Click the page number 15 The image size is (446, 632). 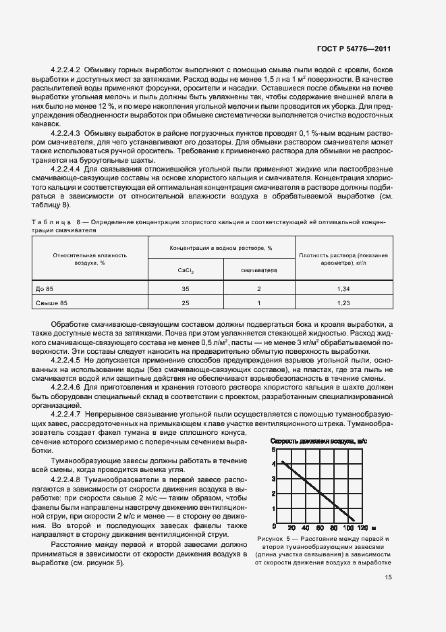coord(388,577)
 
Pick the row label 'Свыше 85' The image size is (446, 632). coord(48,303)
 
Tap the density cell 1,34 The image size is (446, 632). coord(344,289)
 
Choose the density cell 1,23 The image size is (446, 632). coord(344,303)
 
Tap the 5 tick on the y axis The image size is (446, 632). coord(273,449)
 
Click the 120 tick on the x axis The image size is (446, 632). coord(362,527)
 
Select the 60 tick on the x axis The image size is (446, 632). coord(320,527)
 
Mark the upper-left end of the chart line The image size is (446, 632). coord(281,462)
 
